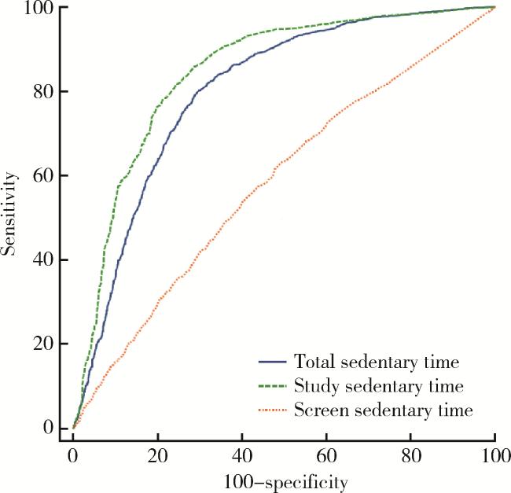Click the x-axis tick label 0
click(x=73, y=455)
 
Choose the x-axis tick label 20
click(x=157, y=455)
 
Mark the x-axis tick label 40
click(x=242, y=455)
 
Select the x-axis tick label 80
click(x=410, y=455)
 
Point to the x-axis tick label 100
click(x=494, y=455)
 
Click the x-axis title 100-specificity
click(x=284, y=480)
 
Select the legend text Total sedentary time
click(x=376, y=362)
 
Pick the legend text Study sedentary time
click(x=377, y=386)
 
